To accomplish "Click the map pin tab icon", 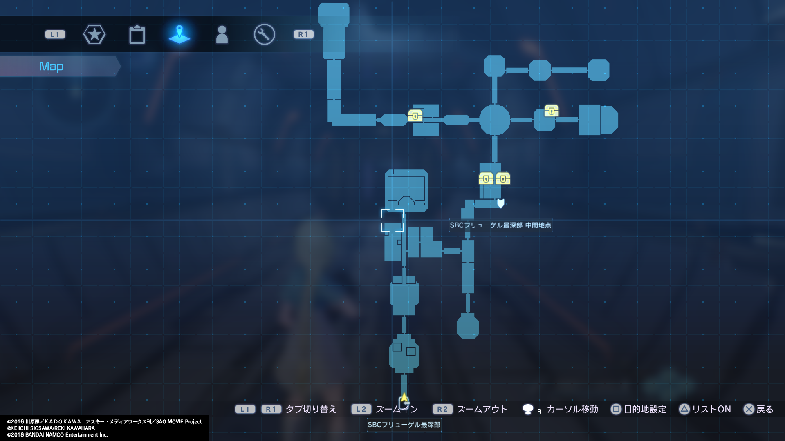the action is coord(179,34).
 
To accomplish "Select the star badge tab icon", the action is coord(94,34).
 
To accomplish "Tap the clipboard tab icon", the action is coord(137,34).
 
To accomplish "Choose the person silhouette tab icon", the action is coord(222,34).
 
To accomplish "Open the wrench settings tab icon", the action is coord(264,34).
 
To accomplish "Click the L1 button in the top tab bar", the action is coord(55,34).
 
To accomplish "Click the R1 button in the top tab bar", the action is coord(303,34).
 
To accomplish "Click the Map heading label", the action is coord(51,66).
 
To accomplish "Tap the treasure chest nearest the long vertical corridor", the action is coord(415,116).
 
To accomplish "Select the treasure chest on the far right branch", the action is coord(551,111).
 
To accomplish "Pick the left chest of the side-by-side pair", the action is coord(486,178).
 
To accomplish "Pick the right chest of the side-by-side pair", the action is coord(503,178).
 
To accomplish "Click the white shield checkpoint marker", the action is coord(500,203).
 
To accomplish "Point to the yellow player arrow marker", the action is coord(404,397).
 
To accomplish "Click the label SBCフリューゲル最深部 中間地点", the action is coord(500,225).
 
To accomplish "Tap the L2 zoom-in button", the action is coord(361,409).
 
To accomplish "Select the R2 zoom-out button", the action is coord(442,409).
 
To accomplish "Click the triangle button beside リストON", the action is coord(684,409).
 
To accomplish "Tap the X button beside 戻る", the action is coord(749,409).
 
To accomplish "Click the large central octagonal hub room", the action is coord(494,120).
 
